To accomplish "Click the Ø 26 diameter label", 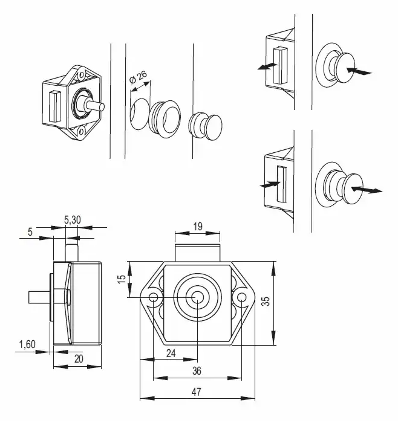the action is pyautogui.click(x=138, y=77).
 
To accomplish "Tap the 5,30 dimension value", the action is pyautogui.click(x=73, y=220).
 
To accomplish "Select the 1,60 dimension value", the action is pyautogui.click(x=27, y=344).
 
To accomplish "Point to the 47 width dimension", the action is pyautogui.click(x=197, y=392).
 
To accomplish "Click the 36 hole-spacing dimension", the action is pyautogui.click(x=197, y=371).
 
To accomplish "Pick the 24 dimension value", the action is pyautogui.click(x=171, y=353).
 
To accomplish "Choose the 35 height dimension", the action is pyautogui.click(x=266, y=301).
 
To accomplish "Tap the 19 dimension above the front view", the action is pyautogui.click(x=198, y=227).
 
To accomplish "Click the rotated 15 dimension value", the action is pyautogui.click(x=122, y=279).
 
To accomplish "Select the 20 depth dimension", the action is pyautogui.click(x=79, y=359).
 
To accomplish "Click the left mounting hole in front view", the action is pyautogui.click(x=154, y=297).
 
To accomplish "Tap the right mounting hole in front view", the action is pyautogui.click(x=242, y=297).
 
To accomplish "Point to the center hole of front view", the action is pyautogui.click(x=197, y=297).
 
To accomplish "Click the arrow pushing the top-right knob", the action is pyautogui.click(x=359, y=71).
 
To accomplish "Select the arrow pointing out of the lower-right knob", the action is pyautogui.click(x=367, y=190).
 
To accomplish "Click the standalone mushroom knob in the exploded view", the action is pyautogui.click(x=205, y=126).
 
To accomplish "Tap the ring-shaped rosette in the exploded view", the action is pyautogui.click(x=165, y=118).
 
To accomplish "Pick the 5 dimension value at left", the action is pyautogui.click(x=30, y=231).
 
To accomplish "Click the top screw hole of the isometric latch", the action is pyautogui.click(x=80, y=76).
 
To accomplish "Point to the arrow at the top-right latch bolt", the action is pyautogui.click(x=267, y=66).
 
